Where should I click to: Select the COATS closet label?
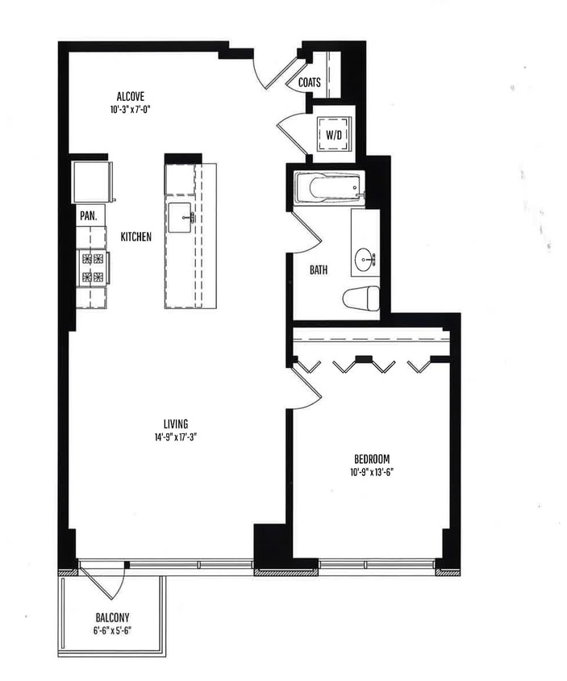click(x=310, y=82)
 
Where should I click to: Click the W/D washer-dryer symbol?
click(x=334, y=134)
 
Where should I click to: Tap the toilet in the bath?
click(x=361, y=298)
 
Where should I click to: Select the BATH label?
click(x=319, y=270)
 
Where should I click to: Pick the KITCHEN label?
click(x=136, y=237)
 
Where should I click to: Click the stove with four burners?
click(x=92, y=268)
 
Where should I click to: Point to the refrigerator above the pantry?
click(x=91, y=183)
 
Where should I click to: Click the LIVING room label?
click(x=175, y=424)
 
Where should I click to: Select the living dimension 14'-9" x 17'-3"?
click(x=175, y=437)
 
